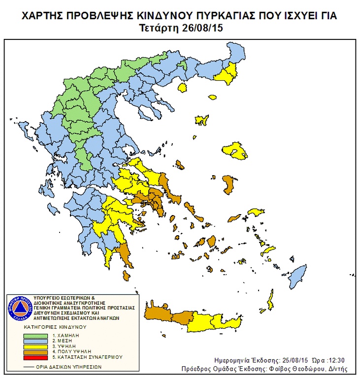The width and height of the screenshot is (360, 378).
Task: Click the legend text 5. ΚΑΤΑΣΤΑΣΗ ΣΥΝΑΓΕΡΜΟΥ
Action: (87, 357)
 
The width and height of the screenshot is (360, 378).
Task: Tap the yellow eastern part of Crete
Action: (217, 321)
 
